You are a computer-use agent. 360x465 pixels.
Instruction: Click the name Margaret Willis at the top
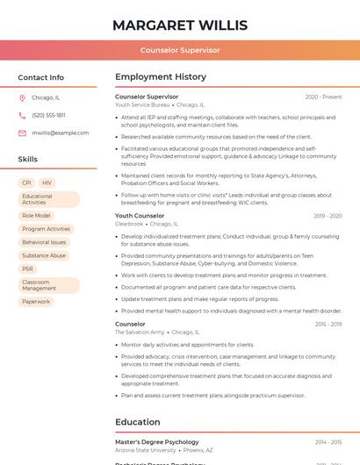180,25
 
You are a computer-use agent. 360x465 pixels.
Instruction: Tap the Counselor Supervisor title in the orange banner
180,50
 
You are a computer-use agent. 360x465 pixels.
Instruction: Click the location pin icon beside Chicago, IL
22,97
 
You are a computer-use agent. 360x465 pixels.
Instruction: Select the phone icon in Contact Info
22,115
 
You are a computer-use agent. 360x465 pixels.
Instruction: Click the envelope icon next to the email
22,132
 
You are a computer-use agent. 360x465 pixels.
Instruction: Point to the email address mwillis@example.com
60,132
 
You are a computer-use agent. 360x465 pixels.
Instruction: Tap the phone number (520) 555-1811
48,115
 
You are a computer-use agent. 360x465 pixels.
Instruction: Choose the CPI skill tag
26,182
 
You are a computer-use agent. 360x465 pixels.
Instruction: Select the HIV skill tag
47,182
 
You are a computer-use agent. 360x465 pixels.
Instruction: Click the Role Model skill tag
36,215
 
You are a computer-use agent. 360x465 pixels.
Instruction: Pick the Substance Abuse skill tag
44,255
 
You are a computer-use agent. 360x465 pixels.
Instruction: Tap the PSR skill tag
28,268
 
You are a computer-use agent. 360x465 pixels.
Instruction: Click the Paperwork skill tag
36,301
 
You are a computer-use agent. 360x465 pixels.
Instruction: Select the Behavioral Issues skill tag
44,242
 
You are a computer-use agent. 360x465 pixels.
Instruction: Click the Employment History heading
160,77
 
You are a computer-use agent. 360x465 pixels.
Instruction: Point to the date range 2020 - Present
323,97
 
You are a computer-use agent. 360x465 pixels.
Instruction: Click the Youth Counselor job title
140,216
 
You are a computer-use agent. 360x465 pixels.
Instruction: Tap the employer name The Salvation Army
140,333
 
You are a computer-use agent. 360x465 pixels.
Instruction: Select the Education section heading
137,421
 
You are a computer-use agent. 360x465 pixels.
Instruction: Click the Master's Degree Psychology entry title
156,442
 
